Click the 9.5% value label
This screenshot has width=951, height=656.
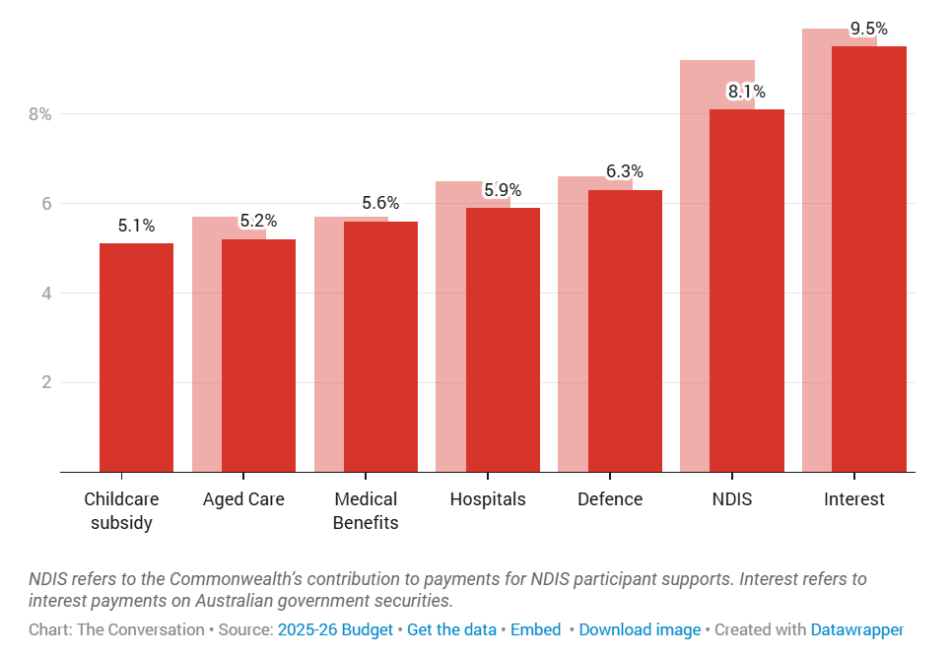869,30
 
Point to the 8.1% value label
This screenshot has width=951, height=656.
747,93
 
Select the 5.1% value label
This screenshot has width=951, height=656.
136,226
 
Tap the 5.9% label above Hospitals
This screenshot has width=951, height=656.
503,190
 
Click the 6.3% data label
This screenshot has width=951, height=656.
625,172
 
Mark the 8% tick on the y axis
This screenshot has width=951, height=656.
39,114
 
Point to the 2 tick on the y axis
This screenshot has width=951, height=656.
45,382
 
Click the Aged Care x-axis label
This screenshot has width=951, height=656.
243,499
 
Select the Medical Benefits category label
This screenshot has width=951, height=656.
366,511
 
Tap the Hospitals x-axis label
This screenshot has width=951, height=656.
488,499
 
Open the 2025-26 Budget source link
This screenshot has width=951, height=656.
335,629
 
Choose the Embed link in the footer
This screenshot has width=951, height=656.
535,629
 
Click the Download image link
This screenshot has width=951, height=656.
640,629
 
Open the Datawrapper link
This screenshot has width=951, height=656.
856,629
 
